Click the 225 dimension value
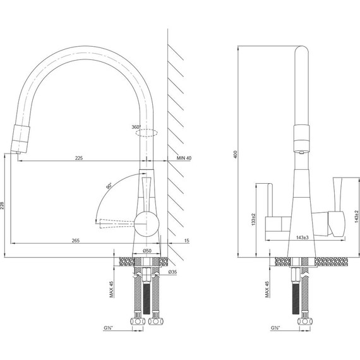(79, 158)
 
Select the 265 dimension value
(76, 241)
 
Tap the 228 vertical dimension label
(2, 206)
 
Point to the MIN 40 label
(184, 158)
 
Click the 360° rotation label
(136, 127)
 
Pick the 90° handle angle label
(109, 186)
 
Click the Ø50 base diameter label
(147, 251)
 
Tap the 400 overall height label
(235, 155)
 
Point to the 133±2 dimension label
(253, 219)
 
